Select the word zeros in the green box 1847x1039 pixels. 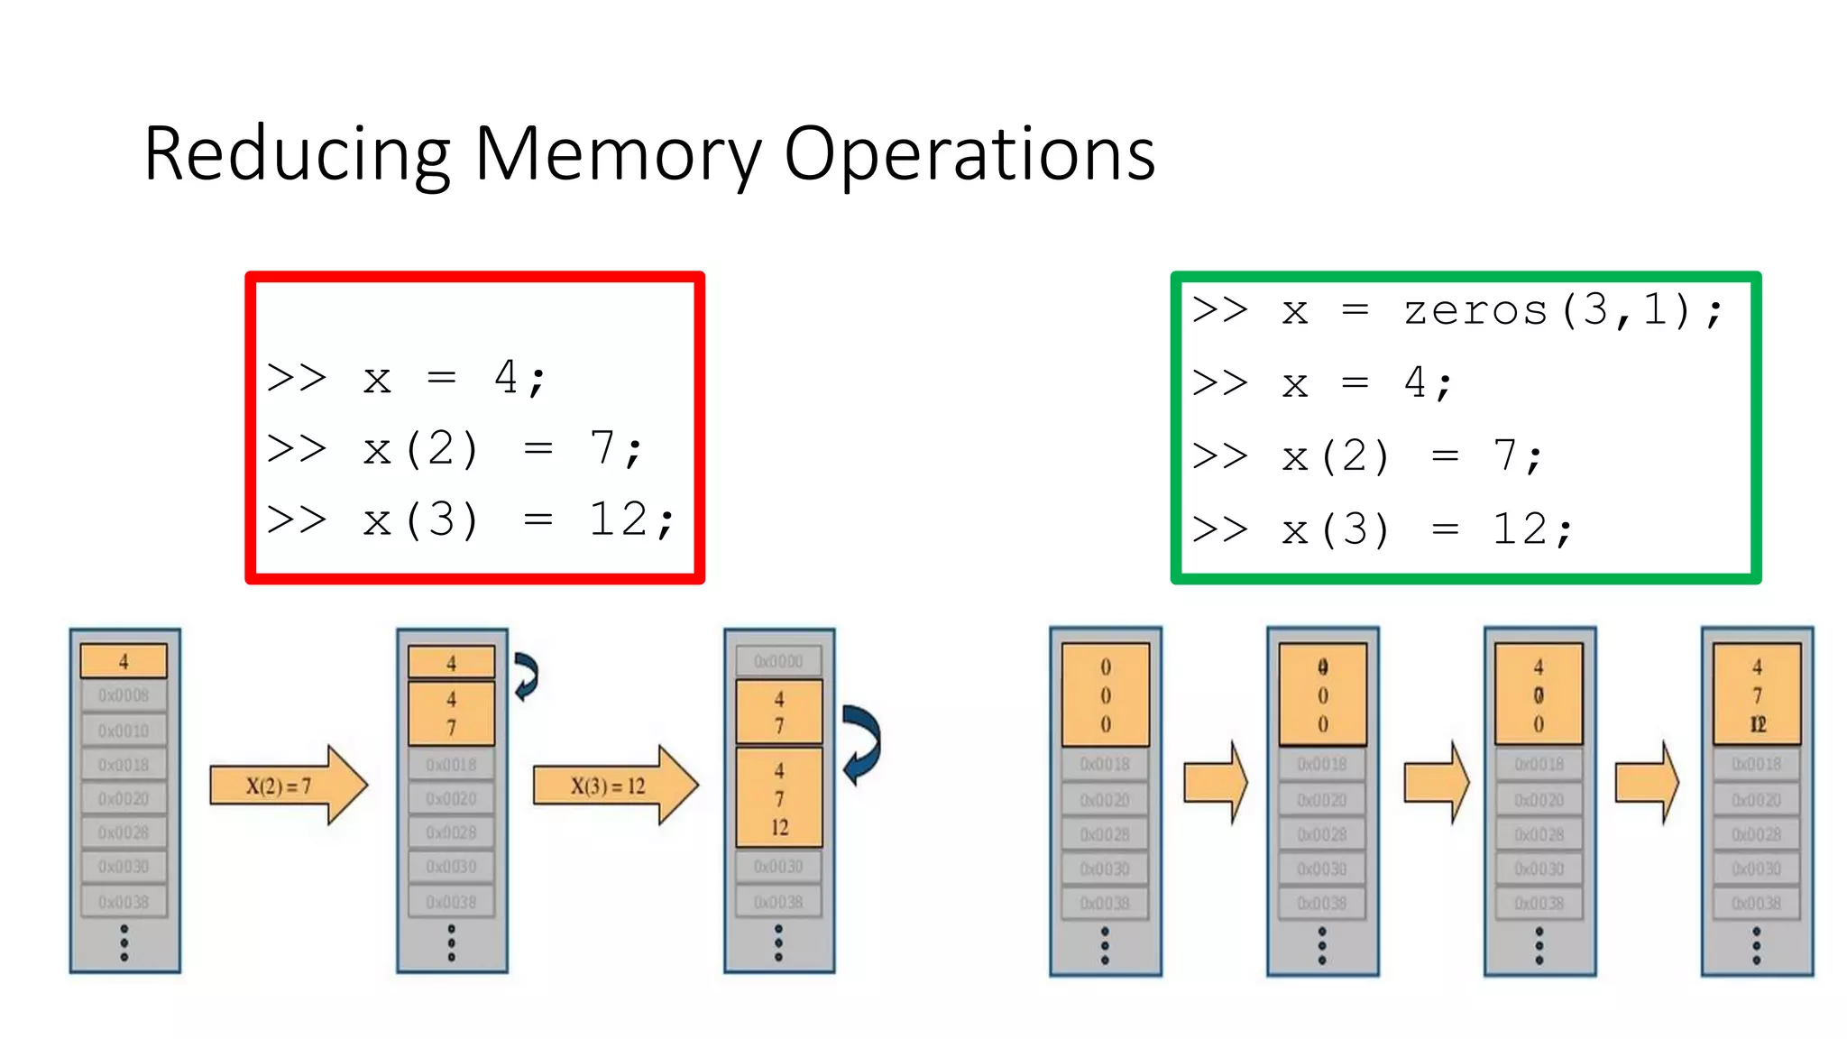[x=1475, y=311]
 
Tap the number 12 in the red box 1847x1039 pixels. [x=619, y=519]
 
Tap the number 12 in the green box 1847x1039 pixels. [x=1521, y=529]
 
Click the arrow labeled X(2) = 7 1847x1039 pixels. [x=287, y=786]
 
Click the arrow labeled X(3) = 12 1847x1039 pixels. [x=613, y=786]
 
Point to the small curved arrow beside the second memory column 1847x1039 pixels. [x=526, y=676]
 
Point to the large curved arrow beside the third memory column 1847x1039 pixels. [x=861, y=744]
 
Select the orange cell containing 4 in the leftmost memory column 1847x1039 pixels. [x=124, y=661]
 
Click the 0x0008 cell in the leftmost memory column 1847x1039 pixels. [x=124, y=695]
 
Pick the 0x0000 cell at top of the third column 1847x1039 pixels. [x=778, y=661]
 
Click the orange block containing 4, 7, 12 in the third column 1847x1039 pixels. [x=779, y=798]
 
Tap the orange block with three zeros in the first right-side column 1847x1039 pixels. [x=1106, y=694]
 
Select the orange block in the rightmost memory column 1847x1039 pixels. [x=1757, y=694]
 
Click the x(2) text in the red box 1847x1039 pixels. [x=420, y=448]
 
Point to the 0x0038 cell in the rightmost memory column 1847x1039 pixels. [x=1757, y=903]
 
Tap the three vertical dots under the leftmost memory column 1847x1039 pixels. [x=124, y=942]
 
